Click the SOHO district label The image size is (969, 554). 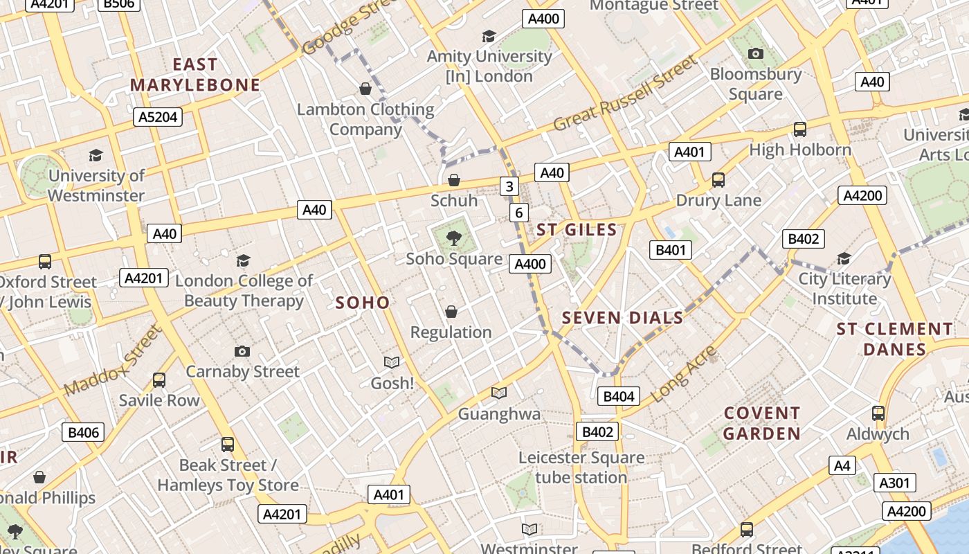(x=363, y=303)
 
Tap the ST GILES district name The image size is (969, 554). (x=577, y=230)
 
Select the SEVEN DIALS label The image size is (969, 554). (x=622, y=318)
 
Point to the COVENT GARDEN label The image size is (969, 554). (x=762, y=423)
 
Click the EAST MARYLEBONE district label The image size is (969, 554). (x=195, y=75)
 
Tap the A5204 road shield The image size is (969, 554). (x=158, y=117)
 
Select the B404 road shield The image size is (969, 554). (x=619, y=396)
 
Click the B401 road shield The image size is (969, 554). (x=670, y=250)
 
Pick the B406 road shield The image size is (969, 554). (x=83, y=433)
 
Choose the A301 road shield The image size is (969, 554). (x=894, y=483)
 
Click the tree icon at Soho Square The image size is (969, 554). (x=454, y=239)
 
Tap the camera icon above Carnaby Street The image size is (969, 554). (x=242, y=351)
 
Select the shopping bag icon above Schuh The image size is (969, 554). (x=454, y=181)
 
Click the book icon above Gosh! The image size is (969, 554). (x=392, y=362)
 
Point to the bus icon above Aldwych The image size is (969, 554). (x=878, y=413)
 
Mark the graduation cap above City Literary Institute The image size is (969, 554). (x=844, y=259)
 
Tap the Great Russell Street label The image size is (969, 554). (x=626, y=94)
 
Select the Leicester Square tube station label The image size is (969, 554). (x=581, y=467)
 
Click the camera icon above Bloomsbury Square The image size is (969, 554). (x=756, y=53)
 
